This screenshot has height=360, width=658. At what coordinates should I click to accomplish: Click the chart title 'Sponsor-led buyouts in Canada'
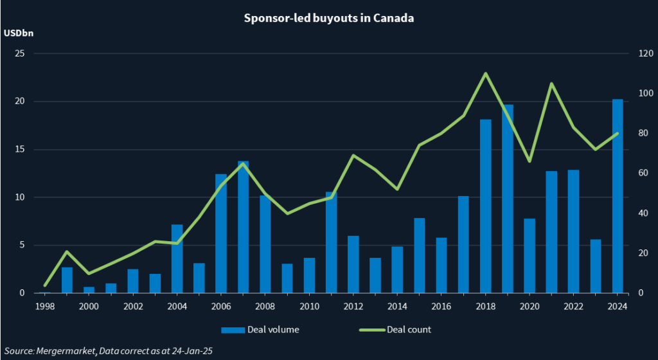(328, 18)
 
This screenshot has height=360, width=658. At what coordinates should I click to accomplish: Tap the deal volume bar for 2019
(507, 199)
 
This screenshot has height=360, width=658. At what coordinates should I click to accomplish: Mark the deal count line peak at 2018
(485, 73)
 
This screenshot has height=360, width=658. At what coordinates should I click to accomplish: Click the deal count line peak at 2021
(551, 84)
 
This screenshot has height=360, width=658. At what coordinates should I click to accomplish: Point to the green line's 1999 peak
(67, 251)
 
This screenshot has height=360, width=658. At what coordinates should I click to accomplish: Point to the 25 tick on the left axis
(19, 54)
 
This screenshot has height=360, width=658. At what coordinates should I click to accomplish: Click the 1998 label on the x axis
(45, 306)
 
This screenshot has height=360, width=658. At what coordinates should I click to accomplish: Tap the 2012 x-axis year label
(353, 306)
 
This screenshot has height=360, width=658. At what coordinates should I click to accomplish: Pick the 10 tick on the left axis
(19, 197)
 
